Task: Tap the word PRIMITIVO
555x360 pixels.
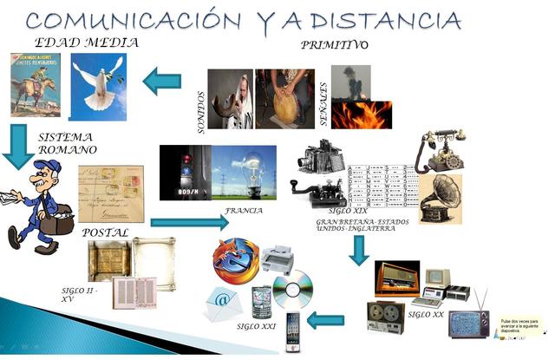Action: [334, 44]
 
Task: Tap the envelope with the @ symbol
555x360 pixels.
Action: [222, 304]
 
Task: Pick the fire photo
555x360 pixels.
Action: [361, 115]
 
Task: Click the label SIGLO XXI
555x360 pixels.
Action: [256, 327]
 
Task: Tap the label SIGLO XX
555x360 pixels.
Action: [425, 314]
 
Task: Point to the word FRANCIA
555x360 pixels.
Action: [244, 211]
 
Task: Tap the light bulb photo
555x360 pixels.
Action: [244, 172]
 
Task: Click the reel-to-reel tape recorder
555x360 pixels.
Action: [385, 317]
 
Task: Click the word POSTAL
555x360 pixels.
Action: [105, 232]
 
